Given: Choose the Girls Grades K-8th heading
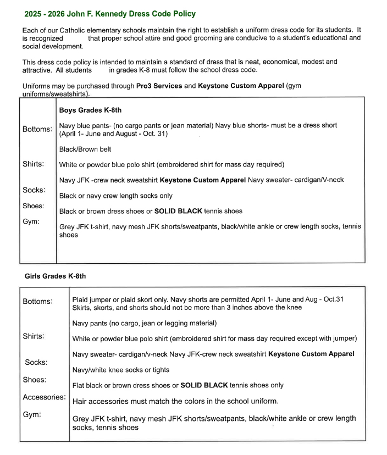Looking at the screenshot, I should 56,276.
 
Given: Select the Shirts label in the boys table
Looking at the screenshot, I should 34,164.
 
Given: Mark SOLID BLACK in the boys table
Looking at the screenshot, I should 179,211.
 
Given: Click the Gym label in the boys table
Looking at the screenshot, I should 31,221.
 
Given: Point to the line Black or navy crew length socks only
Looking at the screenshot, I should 116,196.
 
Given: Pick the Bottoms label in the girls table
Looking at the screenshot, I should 38,301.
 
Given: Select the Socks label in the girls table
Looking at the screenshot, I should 36,362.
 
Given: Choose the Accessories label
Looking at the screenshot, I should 44,397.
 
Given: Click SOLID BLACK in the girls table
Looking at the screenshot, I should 204,385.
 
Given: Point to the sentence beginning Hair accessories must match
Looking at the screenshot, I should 175,401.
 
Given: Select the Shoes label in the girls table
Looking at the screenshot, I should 35,380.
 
